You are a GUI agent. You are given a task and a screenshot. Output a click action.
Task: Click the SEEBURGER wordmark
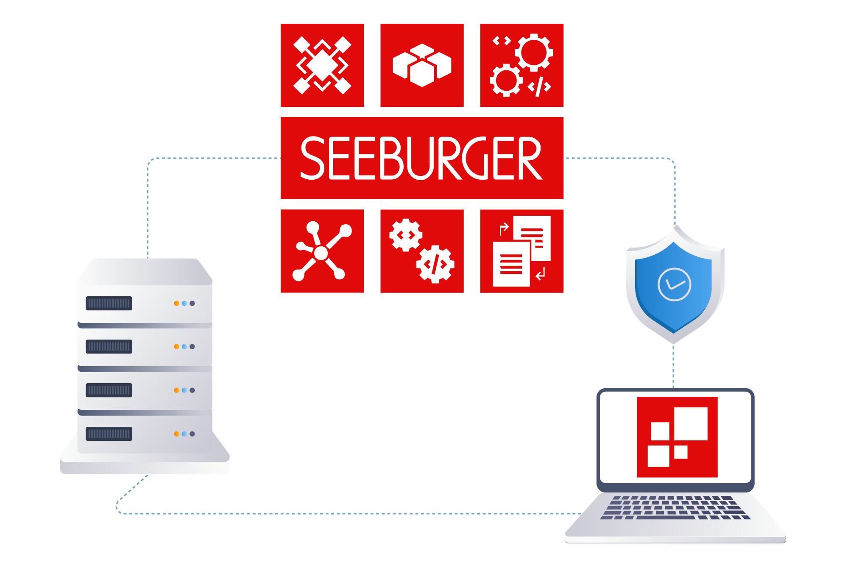coord(421,158)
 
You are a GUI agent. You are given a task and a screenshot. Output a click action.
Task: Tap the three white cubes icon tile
coord(422,65)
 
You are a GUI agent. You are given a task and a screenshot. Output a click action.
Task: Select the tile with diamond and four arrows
coord(322,65)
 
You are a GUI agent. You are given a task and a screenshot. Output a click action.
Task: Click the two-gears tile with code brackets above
coord(522,65)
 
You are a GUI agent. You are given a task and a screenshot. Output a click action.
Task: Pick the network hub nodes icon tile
coord(322,251)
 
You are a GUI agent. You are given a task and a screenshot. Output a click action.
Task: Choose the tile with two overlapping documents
coord(522,251)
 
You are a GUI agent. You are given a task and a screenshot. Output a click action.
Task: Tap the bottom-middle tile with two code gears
coord(422,251)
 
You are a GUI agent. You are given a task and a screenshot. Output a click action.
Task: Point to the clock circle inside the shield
coord(674,284)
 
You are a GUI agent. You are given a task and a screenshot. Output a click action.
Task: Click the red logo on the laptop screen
coord(677,437)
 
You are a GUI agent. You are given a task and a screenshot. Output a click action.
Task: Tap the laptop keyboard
coord(675,507)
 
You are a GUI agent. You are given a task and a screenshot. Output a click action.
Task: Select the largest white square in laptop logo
coord(691,423)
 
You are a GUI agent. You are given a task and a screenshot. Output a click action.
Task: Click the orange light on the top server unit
coord(176,303)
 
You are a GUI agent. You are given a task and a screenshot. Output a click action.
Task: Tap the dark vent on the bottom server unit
coord(109,434)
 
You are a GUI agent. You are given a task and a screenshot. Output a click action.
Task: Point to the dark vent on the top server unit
coord(109,303)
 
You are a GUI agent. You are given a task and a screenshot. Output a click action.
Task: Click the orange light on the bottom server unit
coord(176,434)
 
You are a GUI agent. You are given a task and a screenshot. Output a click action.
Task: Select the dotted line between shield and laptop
coord(673,367)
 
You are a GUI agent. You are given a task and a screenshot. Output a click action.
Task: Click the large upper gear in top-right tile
coord(534,53)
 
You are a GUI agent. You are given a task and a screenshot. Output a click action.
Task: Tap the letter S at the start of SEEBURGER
coord(312,158)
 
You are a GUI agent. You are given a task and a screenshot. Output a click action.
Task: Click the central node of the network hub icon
coord(321,253)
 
